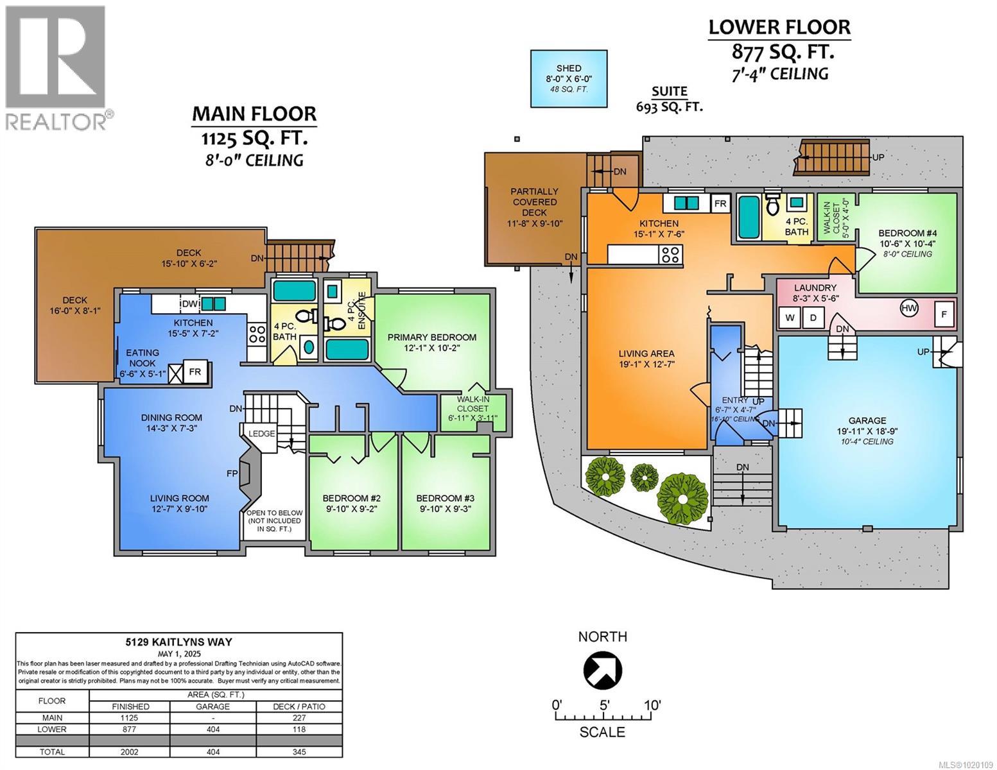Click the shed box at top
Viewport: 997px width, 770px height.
[569, 78]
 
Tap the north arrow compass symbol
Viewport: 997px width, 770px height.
[602, 670]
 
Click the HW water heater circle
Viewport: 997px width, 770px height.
[909, 308]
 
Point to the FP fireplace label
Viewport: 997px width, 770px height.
[232, 474]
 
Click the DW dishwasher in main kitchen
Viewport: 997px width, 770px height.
[190, 304]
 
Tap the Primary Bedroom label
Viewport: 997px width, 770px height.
[431, 337]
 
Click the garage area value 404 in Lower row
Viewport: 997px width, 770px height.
[212, 730]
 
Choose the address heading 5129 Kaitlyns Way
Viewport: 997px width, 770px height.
[178, 642]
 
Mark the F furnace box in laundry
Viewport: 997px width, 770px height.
[944, 315]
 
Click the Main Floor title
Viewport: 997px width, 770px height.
[254, 114]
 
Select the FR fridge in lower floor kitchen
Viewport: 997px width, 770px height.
[720, 203]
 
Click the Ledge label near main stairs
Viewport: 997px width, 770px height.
[261, 434]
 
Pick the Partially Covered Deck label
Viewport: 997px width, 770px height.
[534, 201]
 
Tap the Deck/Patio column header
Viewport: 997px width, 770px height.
[299, 706]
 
